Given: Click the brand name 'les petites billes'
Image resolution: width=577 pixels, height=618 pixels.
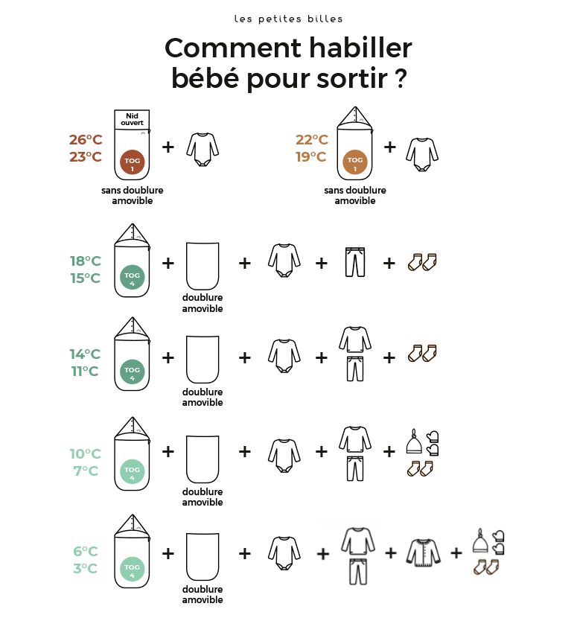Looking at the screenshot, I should (x=288, y=18).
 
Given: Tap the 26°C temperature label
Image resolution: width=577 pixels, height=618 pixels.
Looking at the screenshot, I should (x=85, y=140).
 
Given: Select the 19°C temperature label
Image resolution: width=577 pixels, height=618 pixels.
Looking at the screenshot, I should (x=311, y=156).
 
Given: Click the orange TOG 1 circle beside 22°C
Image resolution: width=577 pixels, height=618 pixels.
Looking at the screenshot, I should (x=355, y=164).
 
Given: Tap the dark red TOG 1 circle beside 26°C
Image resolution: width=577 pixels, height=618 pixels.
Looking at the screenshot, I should (x=132, y=164).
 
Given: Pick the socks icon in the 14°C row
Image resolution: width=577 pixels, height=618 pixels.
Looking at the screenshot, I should (x=421, y=352).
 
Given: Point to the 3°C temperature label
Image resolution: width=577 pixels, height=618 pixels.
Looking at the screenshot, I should (x=85, y=569).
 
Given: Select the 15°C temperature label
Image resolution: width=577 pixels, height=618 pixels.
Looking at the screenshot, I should (x=85, y=278).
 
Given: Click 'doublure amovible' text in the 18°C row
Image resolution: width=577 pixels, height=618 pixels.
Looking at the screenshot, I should (x=202, y=303).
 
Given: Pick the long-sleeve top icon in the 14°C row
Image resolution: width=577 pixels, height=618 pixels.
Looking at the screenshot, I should (x=354, y=340).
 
